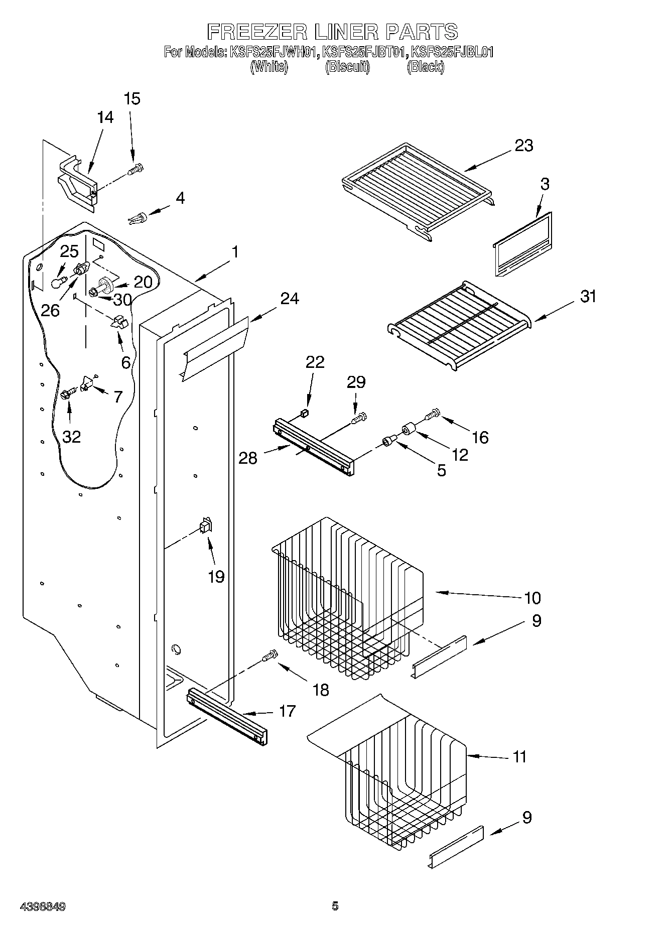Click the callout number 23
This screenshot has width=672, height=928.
(x=523, y=146)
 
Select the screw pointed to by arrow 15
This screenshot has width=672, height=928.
(x=136, y=170)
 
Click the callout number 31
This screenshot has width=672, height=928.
(x=588, y=296)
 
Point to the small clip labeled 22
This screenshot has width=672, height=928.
(x=303, y=413)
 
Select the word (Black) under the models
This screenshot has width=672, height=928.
(x=425, y=67)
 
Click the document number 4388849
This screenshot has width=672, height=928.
(x=43, y=907)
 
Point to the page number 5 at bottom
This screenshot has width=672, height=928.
(x=335, y=906)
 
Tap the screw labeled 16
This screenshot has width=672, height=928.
(x=432, y=415)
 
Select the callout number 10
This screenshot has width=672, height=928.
(x=532, y=598)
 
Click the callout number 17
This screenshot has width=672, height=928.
(x=287, y=711)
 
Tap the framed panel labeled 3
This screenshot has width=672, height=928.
(x=522, y=244)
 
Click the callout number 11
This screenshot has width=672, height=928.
(x=519, y=757)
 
